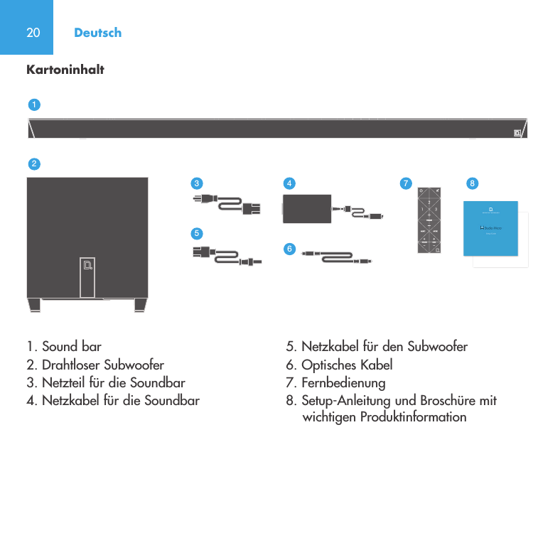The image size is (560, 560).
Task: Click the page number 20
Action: (x=33, y=33)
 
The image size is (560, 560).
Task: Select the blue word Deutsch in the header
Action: (x=97, y=33)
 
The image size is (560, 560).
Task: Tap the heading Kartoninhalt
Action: (x=65, y=70)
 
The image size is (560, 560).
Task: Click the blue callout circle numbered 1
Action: (x=33, y=104)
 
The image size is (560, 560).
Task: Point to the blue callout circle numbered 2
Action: (x=33, y=163)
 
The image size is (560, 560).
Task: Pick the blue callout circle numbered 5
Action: (x=196, y=232)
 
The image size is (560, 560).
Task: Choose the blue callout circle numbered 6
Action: (x=289, y=248)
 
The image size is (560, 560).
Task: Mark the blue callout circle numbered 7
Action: (x=405, y=183)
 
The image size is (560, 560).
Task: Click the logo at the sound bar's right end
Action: (x=517, y=132)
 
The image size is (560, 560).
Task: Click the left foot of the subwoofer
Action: (x=35, y=305)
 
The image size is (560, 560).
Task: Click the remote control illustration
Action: (x=429, y=220)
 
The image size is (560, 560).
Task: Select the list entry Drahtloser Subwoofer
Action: (x=95, y=365)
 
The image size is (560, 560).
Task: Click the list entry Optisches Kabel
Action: (x=340, y=365)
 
